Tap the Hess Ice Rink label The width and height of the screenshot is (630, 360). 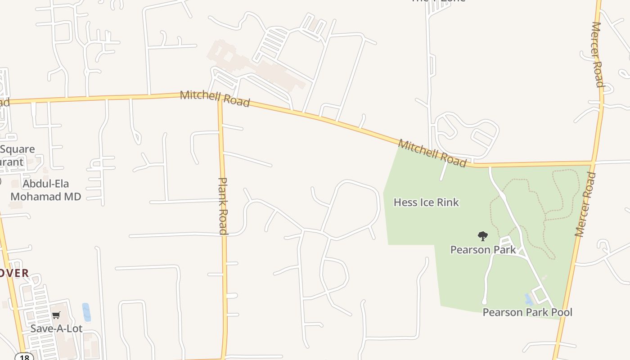(x=426, y=202)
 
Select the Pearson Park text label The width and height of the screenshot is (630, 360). (x=483, y=250)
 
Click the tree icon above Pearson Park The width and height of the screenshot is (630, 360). (x=482, y=236)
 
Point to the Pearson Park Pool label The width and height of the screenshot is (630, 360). (x=527, y=312)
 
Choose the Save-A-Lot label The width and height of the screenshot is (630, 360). (x=56, y=328)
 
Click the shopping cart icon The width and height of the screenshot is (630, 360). (x=56, y=315)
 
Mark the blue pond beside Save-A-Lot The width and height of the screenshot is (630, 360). (x=86, y=312)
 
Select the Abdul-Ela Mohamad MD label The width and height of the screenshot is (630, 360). (x=45, y=190)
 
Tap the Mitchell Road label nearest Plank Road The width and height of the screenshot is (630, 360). (x=215, y=99)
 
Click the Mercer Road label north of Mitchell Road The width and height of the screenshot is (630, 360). (x=597, y=54)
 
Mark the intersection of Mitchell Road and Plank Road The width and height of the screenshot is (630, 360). (x=220, y=101)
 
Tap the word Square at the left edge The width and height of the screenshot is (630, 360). (x=17, y=149)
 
